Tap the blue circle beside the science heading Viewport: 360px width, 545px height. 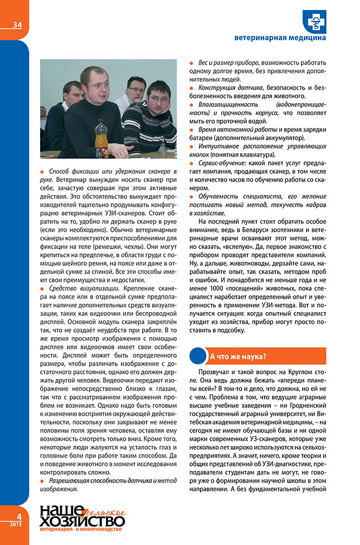(x=197, y=356)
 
